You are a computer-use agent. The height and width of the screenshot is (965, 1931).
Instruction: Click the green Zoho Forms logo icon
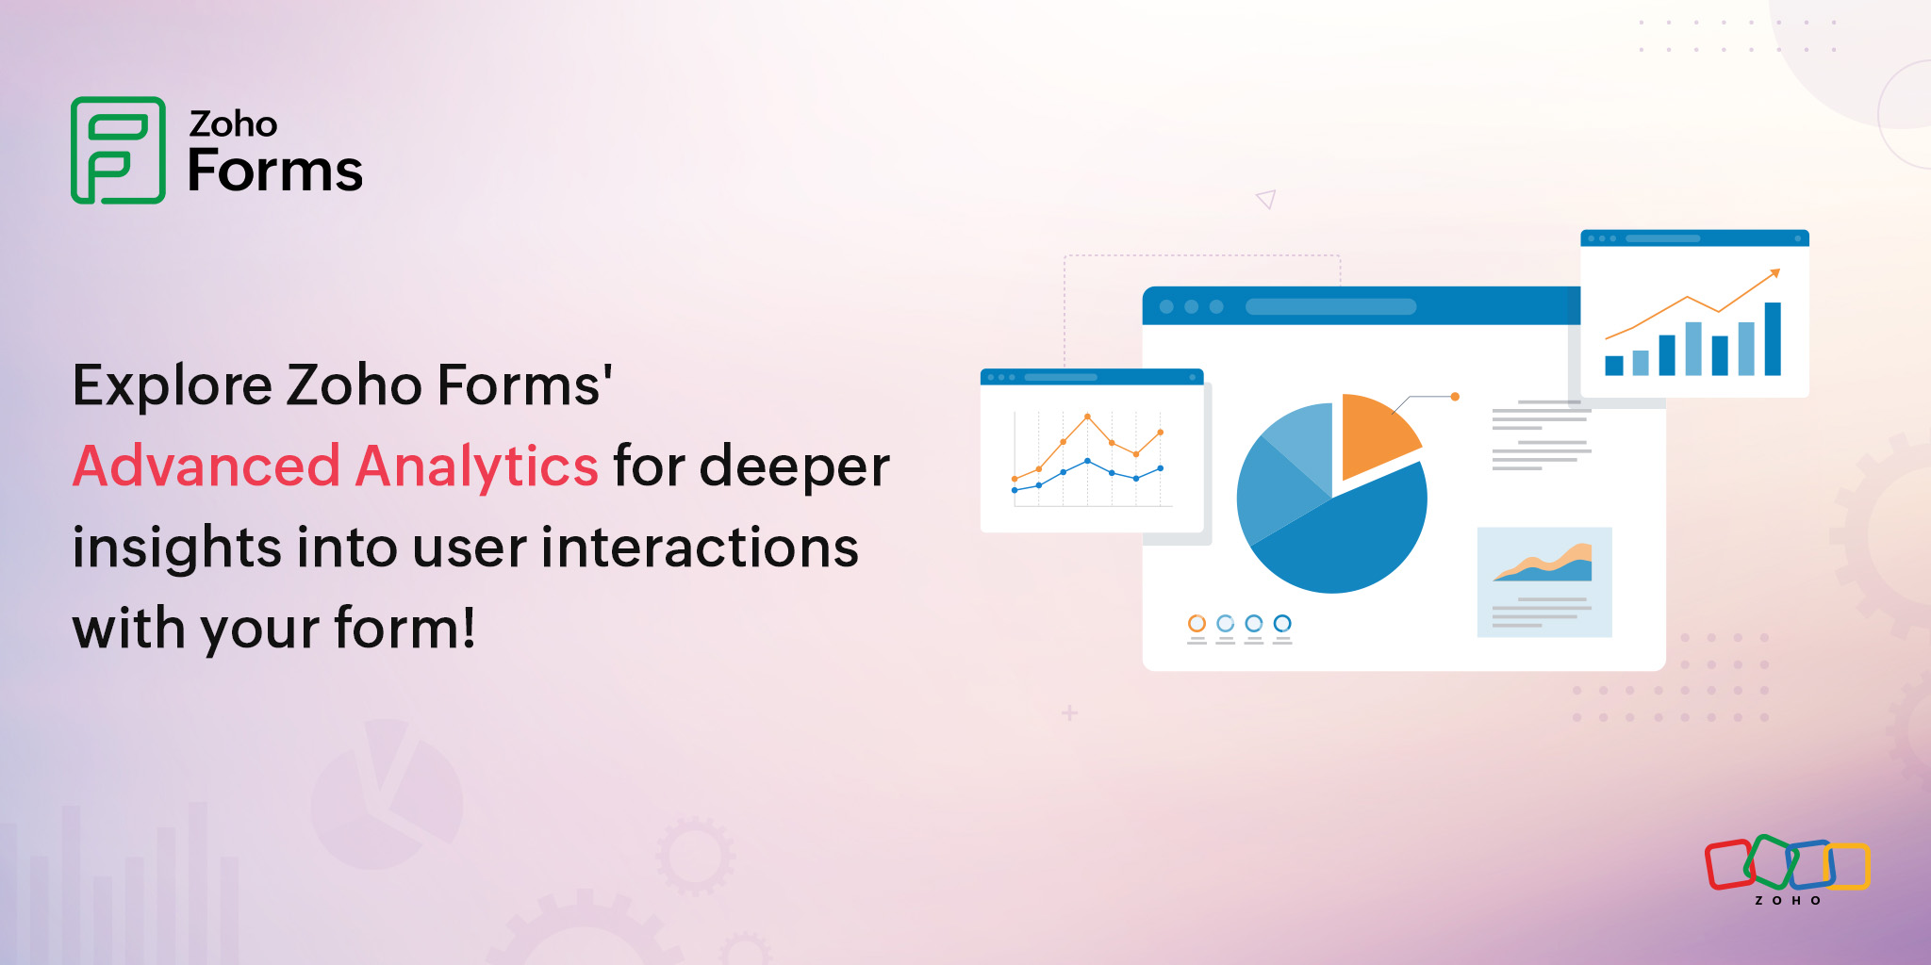tap(118, 150)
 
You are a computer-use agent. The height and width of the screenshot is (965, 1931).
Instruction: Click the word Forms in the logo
tap(274, 172)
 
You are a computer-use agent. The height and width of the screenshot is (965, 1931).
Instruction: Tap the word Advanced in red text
tap(206, 466)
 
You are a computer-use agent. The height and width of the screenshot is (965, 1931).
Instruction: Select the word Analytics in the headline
tap(477, 466)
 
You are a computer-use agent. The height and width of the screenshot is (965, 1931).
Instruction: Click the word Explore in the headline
tap(173, 385)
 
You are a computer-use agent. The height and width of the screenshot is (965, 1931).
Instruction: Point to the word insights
tap(176, 548)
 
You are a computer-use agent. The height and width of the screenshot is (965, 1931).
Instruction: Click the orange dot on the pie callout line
tap(1455, 397)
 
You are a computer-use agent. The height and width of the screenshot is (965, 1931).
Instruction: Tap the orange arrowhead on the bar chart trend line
tap(1775, 273)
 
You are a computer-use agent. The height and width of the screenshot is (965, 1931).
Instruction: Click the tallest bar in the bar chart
tap(1773, 338)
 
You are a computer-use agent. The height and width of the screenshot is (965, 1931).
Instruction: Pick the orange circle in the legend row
tap(1197, 623)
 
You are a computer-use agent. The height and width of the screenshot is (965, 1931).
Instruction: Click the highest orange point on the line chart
tap(1087, 416)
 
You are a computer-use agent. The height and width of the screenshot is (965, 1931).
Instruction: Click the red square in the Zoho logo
tap(1729, 864)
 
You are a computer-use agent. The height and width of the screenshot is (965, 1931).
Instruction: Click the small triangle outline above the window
tap(1266, 199)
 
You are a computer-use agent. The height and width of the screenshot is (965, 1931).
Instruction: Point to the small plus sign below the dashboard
tap(1069, 713)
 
